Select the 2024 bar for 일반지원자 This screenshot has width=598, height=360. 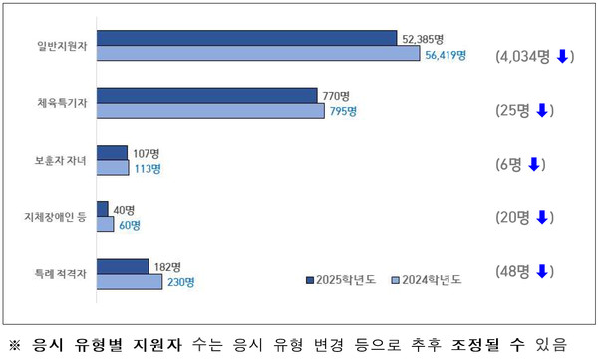point(258,54)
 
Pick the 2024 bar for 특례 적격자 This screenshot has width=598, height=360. point(130,282)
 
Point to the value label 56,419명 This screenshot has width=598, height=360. point(446,55)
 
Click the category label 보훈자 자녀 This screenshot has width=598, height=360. point(59,161)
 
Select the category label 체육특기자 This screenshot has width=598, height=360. point(60,103)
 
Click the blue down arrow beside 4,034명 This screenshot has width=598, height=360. point(561,56)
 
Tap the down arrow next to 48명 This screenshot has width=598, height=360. point(542,271)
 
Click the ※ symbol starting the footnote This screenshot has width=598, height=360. point(14,345)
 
